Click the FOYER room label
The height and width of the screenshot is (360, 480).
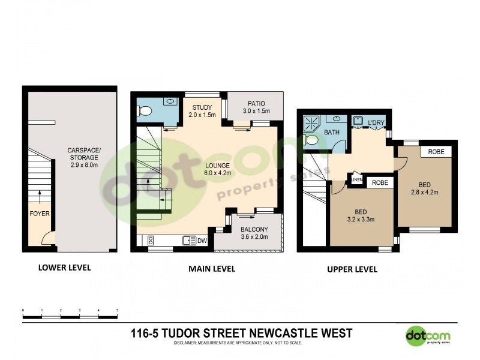(x=39, y=213)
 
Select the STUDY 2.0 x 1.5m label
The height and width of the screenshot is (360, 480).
(x=202, y=111)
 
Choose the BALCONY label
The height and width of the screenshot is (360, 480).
(x=254, y=233)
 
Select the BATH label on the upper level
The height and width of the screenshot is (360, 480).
(x=332, y=132)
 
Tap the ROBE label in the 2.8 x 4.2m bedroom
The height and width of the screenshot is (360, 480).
(x=436, y=152)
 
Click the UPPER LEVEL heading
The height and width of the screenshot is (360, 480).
(x=352, y=269)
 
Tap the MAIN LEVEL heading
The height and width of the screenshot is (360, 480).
(x=212, y=269)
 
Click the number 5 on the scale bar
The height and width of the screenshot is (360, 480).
(x=117, y=310)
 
